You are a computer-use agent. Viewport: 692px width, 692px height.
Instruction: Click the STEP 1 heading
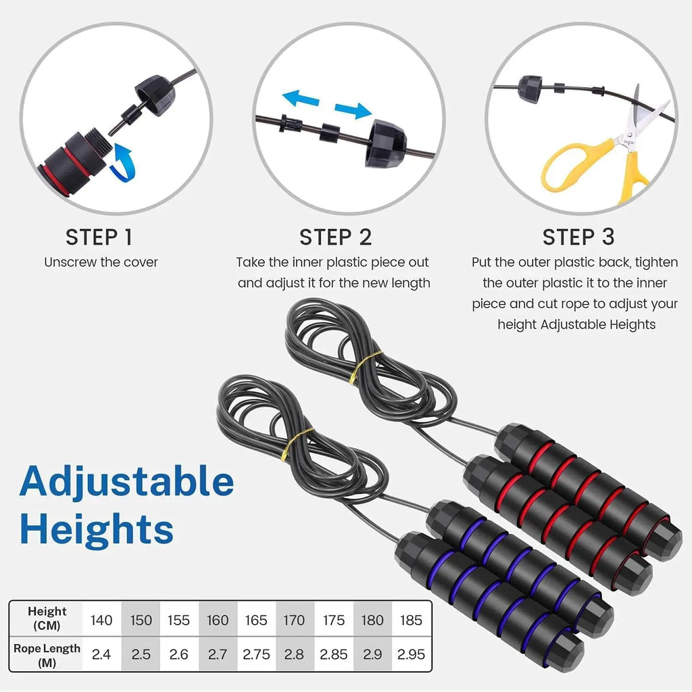click(x=99, y=237)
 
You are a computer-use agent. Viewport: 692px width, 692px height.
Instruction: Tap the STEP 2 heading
click(x=335, y=237)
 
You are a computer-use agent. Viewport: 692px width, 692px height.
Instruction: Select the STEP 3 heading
click(x=578, y=237)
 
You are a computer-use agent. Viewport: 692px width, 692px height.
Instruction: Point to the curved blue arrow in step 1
click(x=125, y=162)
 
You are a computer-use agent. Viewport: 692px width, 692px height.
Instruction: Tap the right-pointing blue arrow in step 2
click(x=353, y=110)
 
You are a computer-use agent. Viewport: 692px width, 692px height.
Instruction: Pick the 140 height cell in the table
click(x=101, y=620)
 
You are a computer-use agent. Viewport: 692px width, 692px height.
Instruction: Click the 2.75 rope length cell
click(x=256, y=654)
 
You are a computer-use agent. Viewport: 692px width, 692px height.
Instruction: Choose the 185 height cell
click(x=411, y=620)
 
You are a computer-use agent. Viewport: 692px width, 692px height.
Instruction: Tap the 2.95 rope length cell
click(x=411, y=654)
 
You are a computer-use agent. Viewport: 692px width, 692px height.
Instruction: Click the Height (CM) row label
click(x=47, y=618)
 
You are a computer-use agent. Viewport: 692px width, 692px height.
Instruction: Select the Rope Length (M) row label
click(x=47, y=654)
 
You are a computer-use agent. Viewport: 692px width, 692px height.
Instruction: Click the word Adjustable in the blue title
click(x=126, y=483)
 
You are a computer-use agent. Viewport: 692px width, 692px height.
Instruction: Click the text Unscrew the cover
click(x=101, y=262)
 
